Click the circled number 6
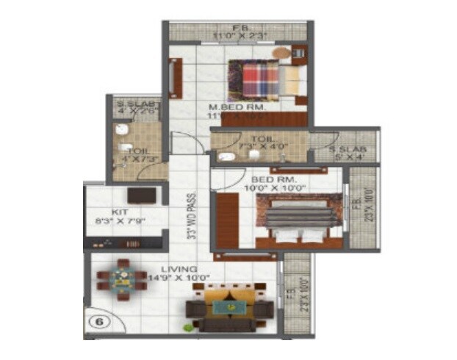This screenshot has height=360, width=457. tap(98, 322)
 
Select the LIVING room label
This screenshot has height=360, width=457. tap(168, 269)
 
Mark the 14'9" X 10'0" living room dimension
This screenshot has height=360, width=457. tap(179, 278)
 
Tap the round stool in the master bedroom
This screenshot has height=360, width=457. tap(281, 53)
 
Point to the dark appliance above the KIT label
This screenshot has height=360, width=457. tap(141, 195)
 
